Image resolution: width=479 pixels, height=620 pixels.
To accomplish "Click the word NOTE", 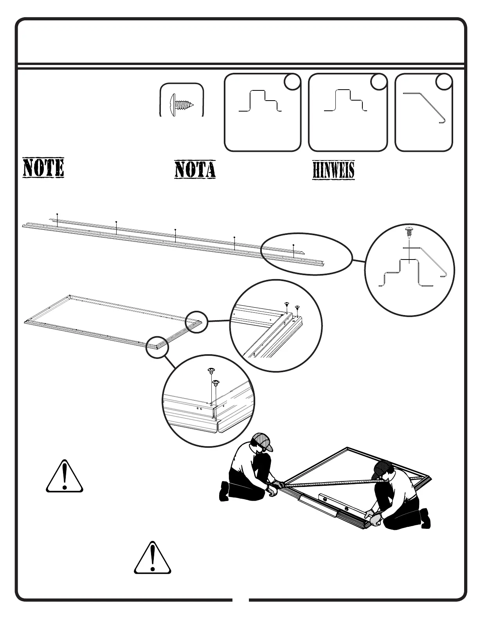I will tap(43, 168).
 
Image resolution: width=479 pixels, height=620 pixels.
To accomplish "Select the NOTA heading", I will tap(195, 170).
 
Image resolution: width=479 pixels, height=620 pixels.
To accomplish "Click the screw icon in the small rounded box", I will tap(182, 105).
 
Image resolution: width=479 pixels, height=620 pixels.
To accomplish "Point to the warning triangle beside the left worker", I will tap(65, 477).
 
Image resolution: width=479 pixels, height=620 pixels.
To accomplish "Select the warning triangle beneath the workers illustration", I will tap(153, 558).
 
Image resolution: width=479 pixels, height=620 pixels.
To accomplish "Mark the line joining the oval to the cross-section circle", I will tap(358, 260).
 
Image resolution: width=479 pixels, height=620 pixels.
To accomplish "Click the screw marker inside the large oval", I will tap(294, 245).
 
